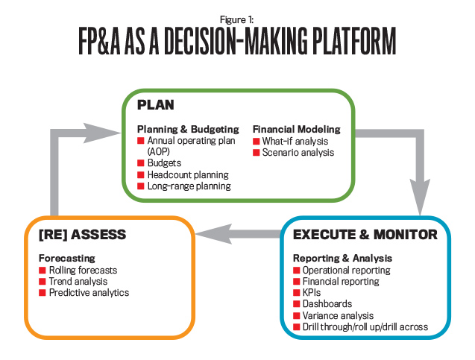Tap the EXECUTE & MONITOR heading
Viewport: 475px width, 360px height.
(x=364, y=235)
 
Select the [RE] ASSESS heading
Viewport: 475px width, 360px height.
(x=82, y=235)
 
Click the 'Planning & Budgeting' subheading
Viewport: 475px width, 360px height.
(x=188, y=129)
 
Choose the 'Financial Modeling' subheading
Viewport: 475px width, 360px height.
(x=296, y=129)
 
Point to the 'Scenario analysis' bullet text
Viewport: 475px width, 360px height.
(x=301, y=152)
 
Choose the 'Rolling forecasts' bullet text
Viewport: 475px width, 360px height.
(x=83, y=270)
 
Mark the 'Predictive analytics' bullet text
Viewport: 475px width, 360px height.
(x=89, y=292)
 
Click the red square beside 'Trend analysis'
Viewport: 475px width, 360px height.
(x=43, y=281)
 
